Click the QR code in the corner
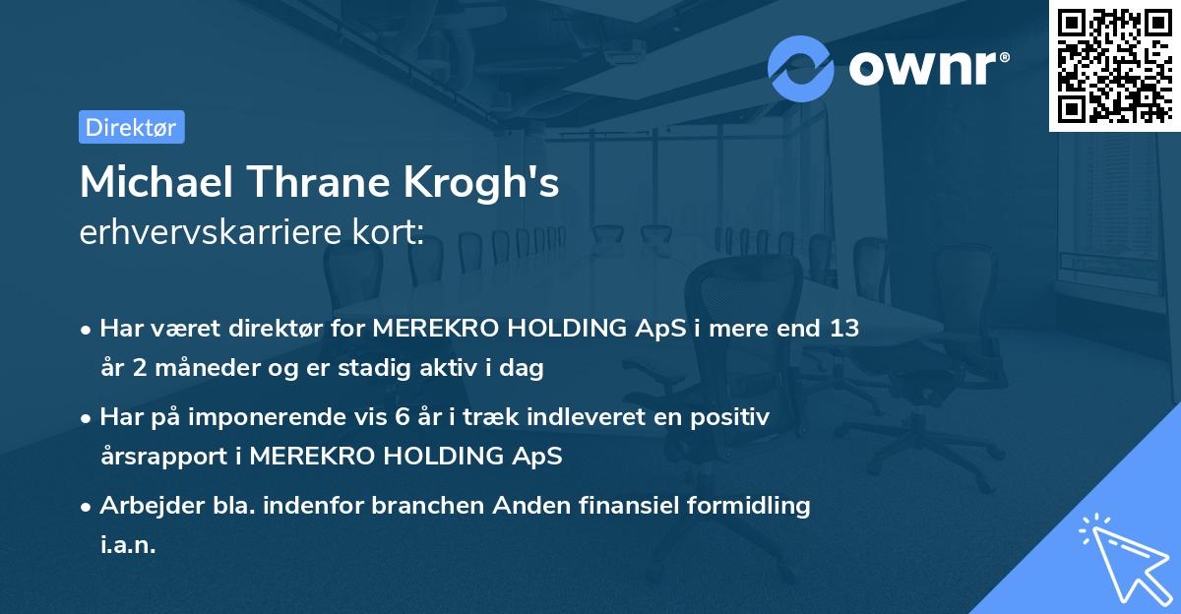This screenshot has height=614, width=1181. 1115,65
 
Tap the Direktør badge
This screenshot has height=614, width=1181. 131,127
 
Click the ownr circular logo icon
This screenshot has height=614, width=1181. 801,68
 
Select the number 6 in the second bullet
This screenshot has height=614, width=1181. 401,417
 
